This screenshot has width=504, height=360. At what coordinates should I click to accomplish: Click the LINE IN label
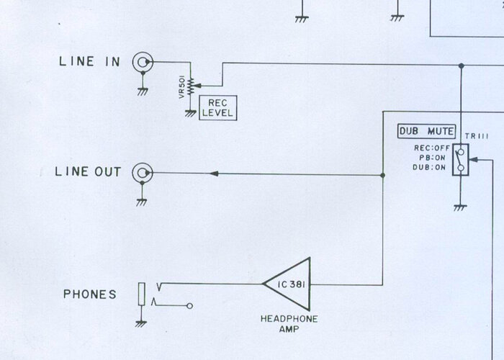89,61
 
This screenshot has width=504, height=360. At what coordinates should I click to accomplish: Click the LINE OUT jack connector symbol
142,174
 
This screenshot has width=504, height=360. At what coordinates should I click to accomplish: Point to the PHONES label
91,294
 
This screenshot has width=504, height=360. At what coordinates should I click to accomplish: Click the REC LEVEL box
217,108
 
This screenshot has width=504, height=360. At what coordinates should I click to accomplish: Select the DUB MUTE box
426,132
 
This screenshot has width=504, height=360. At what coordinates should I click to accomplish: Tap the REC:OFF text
430,149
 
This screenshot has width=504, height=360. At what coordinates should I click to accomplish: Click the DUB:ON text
431,168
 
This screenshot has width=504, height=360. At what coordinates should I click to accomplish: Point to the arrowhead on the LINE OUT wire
213,174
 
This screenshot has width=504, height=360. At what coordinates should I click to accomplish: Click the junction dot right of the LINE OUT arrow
383,174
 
